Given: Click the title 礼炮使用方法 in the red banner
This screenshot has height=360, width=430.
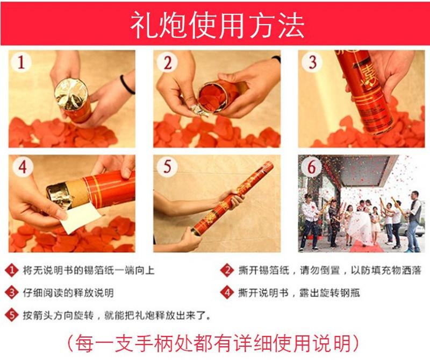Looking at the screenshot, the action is pos(217,25).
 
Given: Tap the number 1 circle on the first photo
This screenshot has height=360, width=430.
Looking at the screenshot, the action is pos(21,62).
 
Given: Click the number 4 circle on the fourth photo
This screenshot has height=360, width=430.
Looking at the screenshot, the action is pos(23,167).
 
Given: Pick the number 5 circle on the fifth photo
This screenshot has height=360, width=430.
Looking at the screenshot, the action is pos(167,166).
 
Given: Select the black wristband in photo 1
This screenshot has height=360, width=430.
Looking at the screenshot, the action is pos(126,84).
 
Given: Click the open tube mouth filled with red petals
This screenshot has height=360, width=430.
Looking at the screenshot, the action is pos(212,97).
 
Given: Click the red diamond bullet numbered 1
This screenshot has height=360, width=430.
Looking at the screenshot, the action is pos(11,270).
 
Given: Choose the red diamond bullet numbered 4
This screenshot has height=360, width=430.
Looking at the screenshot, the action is pos(227,293).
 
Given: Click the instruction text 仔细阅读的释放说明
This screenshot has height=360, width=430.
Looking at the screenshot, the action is pos(68,293).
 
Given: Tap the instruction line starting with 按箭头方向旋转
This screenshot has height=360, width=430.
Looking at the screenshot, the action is pos(117,315).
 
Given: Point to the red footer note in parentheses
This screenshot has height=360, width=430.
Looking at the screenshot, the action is pos(213,343).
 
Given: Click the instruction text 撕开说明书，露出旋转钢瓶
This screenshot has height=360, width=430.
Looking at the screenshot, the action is pos(299,293).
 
